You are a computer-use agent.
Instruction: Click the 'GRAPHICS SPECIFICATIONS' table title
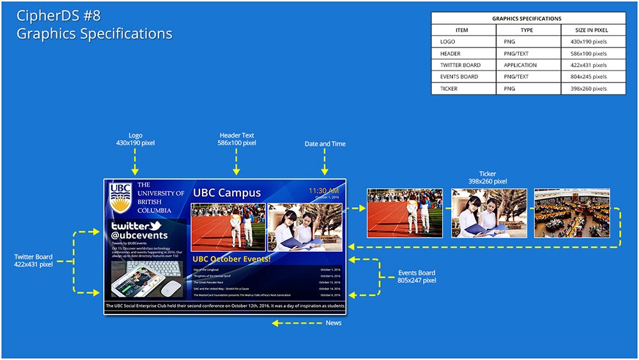527,19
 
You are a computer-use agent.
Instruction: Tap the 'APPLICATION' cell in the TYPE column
520,65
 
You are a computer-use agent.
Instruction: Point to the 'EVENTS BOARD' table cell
459,77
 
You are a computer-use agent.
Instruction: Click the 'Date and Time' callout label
325,144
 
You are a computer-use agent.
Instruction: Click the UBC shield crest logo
120,198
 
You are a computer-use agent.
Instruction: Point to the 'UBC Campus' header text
227,192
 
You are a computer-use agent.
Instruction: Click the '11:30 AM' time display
324,190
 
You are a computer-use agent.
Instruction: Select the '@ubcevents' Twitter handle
139,235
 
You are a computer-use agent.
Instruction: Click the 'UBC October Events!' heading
231,259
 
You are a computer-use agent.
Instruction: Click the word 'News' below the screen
334,323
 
